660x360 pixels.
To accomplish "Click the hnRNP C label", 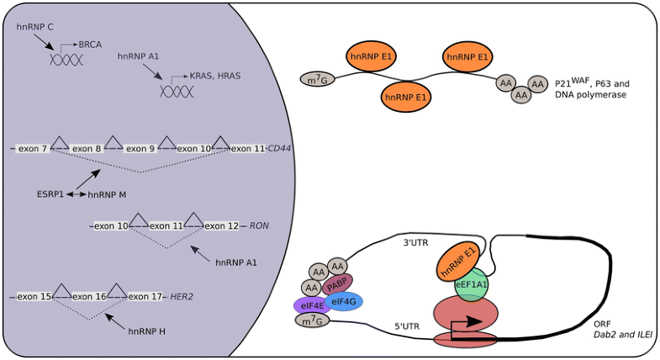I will pos(35,28).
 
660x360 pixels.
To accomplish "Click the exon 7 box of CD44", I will pos(34,149).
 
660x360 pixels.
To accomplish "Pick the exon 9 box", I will pos(141,149).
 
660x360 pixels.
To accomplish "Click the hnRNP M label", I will pos(107,194).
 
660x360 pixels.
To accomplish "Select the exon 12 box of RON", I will pos(222,226).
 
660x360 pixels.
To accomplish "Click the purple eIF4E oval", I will pos(308,304).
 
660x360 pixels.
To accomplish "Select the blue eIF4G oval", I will pos(343,300).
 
